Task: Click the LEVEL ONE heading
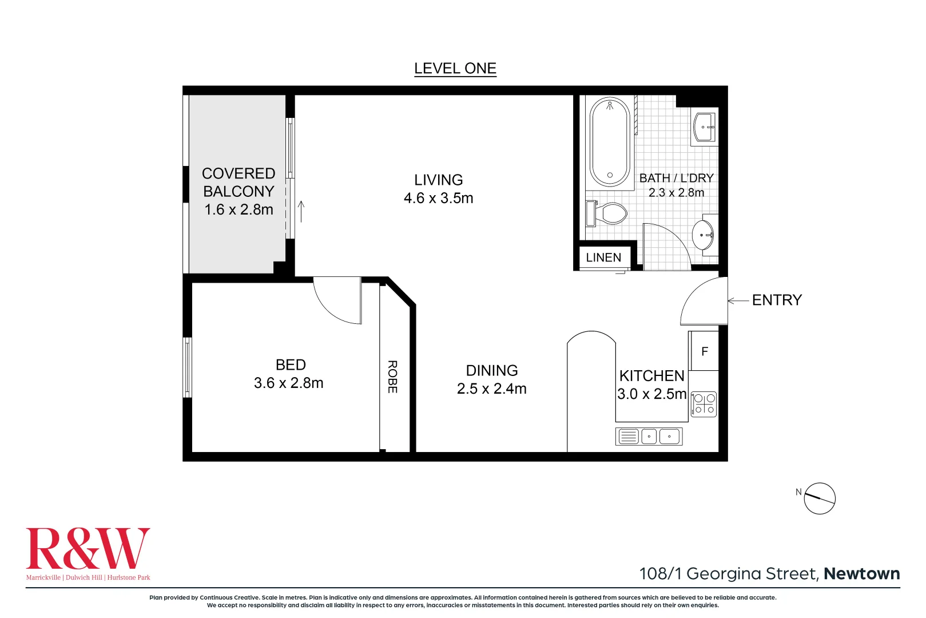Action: coord(455,69)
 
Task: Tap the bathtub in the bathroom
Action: coord(610,142)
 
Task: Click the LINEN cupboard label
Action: coord(603,257)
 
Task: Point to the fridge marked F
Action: coord(704,351)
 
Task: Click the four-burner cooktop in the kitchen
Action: coord(704,404)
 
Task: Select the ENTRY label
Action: coord(777,300)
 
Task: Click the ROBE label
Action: coord(392,377)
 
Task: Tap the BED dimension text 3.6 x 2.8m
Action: coord(288,383)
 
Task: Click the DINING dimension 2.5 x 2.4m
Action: coord(491,389)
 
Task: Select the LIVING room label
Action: coord(438,180)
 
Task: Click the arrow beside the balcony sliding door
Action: coord(301,211)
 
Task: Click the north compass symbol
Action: coord(819,498)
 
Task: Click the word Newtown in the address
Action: coord(861,573)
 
